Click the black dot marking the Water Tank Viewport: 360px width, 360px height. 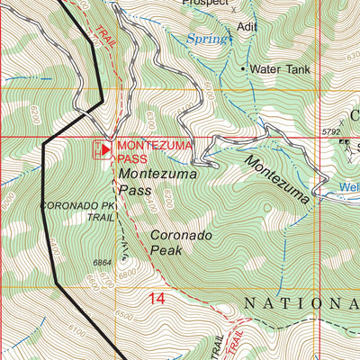(x=242, y=67)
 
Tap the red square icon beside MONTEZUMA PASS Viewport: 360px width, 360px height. (x=104, y=149)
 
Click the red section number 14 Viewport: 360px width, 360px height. (x=158, y=298)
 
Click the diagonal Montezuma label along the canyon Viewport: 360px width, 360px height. (x=278, y=178)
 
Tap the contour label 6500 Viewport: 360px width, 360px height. (x=121, y=317)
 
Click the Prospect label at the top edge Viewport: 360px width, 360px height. (x=206, y=4)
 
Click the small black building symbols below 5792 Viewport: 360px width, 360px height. (x=346, y=143)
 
